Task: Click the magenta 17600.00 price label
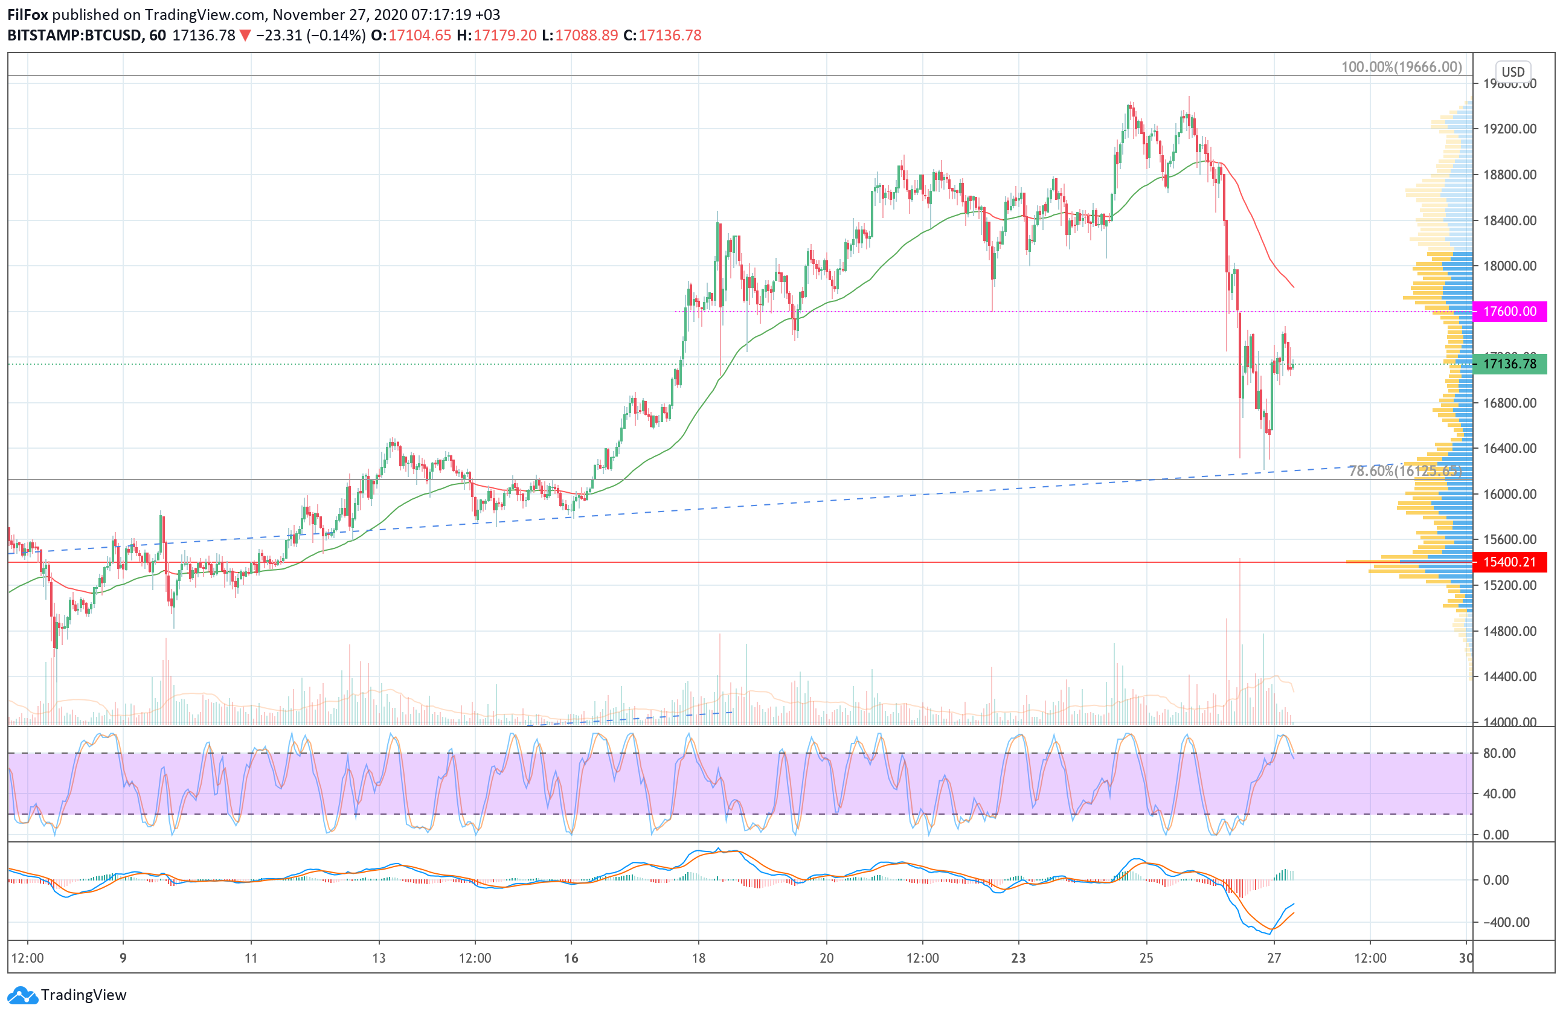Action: coord(1509,311)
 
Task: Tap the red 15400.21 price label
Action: coord(1509,562)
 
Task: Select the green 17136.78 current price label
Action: coord(1509,364)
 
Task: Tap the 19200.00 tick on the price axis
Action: coord(1510,129)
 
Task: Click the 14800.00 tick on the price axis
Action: coord(1510,631)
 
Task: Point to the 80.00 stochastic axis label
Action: coord(1500,753)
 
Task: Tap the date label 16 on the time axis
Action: coord(571,958)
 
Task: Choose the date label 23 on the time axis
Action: coord(1018,958)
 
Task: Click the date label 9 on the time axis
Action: coord(123,958)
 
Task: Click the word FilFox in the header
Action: coord(28,14)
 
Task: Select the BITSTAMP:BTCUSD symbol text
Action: coord(74,36)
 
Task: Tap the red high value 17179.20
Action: coord(505,36)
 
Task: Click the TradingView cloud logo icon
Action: coord(23,995)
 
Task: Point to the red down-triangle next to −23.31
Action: coord(245,36)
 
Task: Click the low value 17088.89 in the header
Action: coord(586,36)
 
